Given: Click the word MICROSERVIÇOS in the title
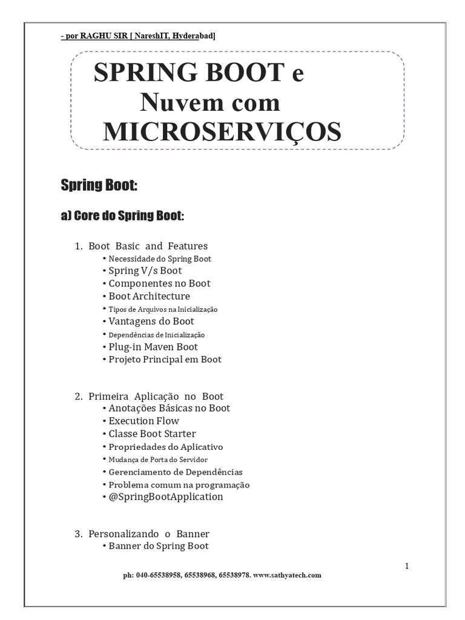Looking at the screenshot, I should [222, 131].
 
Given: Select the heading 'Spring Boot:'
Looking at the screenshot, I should [99, 185].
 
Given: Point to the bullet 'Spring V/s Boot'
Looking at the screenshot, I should [145, 271].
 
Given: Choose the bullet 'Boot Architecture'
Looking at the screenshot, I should [149, 296].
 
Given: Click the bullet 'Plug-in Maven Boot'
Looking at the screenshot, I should [153, 347].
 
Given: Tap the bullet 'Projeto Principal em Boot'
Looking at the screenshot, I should [165, 360].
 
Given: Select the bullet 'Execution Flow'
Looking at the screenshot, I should [143, 421].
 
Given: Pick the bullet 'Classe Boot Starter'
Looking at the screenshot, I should [152, 434].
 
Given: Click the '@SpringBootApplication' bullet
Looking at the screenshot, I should [165, 497].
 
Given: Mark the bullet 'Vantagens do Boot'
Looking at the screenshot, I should [151, 322].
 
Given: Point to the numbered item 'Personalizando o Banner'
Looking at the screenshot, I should [148, 534].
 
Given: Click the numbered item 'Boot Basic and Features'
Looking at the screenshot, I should [148, 246].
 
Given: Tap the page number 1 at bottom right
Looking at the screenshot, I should [407, 566].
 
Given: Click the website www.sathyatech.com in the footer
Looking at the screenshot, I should [288, 575].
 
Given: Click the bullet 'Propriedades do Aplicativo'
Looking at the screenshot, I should [165, 447].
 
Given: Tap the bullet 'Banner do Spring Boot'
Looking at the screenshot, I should [158, 546].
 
